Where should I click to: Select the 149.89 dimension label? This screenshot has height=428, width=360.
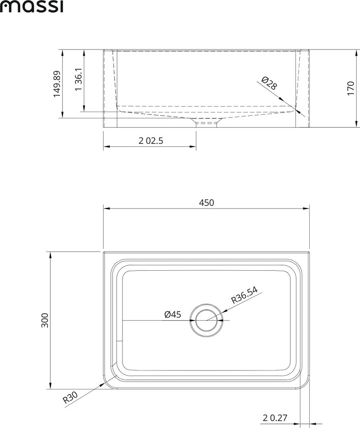(x=57, y=84)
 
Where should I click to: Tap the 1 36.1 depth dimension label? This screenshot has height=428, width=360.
(x=78, y=79)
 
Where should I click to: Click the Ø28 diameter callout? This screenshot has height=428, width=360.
(x=269, y=83)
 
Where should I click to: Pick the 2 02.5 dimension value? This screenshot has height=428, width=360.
(x=151, y=141)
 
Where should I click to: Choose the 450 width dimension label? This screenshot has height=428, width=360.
(x=206, y=203)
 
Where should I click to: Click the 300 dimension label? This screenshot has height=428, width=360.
(x=44, y=321)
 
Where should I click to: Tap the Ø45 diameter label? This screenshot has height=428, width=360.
(x=173, y=314)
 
